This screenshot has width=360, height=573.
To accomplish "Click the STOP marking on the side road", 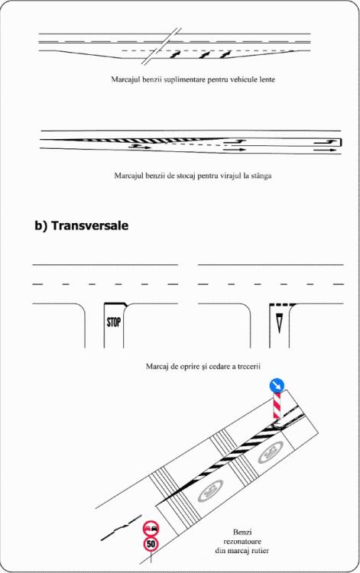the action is click(114, 322).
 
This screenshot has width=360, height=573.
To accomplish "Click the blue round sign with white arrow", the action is click(277, 386).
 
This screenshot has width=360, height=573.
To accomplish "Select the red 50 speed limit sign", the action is click(151, 544).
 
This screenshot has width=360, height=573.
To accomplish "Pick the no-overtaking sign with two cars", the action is click(151, 529).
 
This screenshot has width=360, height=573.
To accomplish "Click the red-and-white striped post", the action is click(277, 406).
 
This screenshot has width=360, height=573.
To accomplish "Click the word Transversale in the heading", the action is click(90, 225).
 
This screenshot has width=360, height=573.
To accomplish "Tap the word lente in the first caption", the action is click(267, 79).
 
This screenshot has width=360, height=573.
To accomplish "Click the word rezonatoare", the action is click(242, 541).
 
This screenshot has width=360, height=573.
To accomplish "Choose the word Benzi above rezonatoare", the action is click(242, 532).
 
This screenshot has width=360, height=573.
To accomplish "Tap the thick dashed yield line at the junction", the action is click(283, 304).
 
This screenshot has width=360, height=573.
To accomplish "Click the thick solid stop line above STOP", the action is click(115, 303).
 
